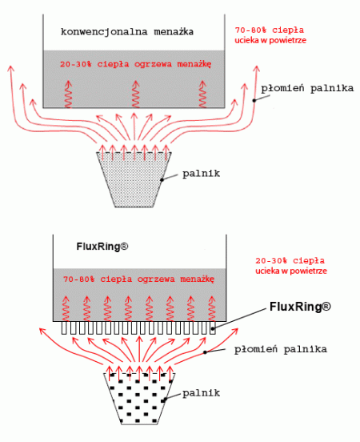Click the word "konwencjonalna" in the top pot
[104, 32]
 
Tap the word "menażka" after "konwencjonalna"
[174, 31]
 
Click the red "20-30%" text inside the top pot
[76, 64]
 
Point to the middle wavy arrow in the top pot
[136, 94]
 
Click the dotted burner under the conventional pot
[134, 179]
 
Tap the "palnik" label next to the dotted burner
[201, 173]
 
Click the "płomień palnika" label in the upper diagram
[307, 89]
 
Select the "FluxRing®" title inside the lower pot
[102, 247]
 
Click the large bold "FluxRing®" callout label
[300, 307]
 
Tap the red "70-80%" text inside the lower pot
[79, 279]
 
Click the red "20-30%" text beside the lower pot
[271, 260]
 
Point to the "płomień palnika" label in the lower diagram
[281, 349]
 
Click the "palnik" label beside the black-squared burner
[201, 392]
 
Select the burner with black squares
[139, 399]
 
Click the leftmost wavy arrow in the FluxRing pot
[66, 308]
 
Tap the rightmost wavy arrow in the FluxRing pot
[212, 308]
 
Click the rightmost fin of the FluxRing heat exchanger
[213, 327]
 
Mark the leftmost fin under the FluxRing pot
[65, 327]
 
